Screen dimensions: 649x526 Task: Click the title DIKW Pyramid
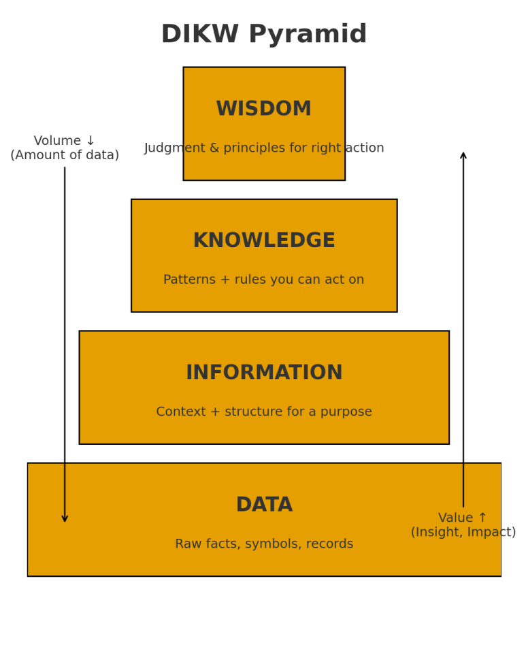(x=263, y=35)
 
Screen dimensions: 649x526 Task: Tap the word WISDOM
(x=263, y=109)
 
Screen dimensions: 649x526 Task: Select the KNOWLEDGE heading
(x=263, y=241)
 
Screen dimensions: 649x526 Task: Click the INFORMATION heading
(x=263, y=373)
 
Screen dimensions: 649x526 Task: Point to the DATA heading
(x=263, y=505)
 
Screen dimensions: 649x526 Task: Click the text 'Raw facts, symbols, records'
(x=263, y=544)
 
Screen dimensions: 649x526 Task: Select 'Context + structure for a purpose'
(x=263, y=412)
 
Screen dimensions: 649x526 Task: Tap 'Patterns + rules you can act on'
(x=263, y=280)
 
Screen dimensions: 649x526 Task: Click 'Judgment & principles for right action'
(x=263, y=148)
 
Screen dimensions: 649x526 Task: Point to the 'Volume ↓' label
(x=65, y=141)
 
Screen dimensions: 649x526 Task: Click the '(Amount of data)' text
(x=65, y=156)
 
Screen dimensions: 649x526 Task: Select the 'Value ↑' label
(x=463, y=518)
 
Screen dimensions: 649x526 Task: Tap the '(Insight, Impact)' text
(x=463, y=533)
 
